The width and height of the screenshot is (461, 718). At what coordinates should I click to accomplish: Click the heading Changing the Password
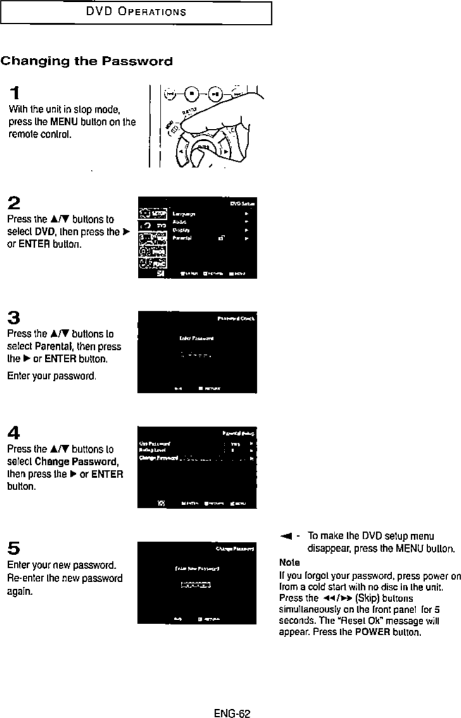pos(86,62)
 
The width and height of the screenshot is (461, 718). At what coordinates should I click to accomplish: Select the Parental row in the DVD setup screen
pos(209,239)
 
